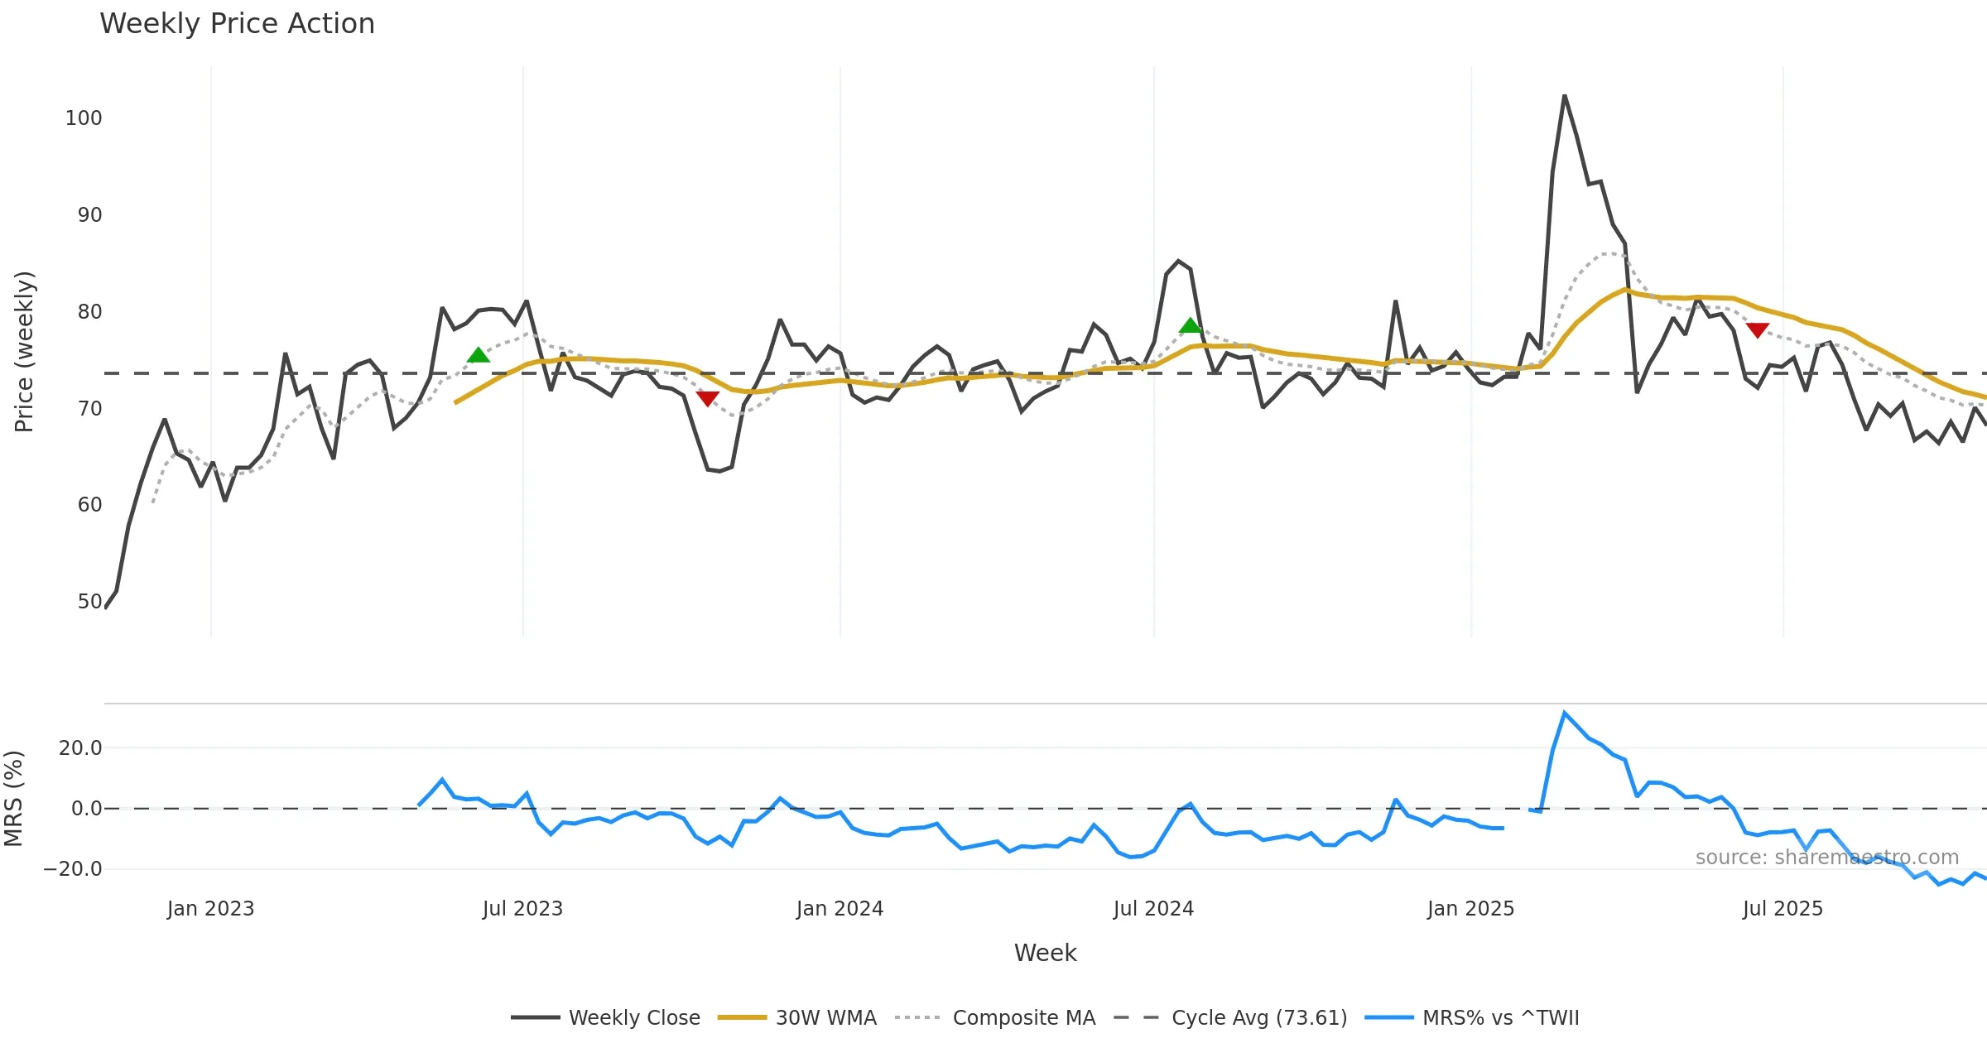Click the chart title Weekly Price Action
(237, 24)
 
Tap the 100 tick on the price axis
(84, 118)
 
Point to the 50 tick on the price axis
(89, 602)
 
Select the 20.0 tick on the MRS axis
(80, 748)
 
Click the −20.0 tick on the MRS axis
(74, 869)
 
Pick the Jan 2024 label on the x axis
(840, 909)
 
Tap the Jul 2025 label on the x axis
(1783, 909)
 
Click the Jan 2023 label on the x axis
(210, 909)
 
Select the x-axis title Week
(1045, 954)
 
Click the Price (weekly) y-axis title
(24, 352)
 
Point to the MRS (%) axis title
(14, 799)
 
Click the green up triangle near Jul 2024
(1190, 325)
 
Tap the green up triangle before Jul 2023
(478, 355)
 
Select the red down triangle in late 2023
(707, 399)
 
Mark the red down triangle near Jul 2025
(1757, 330)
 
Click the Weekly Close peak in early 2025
(1565, 96)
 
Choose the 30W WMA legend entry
(797, 1017)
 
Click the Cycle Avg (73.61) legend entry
(1231, 1017)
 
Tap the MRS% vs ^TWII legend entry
(1472, 1017)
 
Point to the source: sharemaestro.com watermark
(1826, 858)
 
